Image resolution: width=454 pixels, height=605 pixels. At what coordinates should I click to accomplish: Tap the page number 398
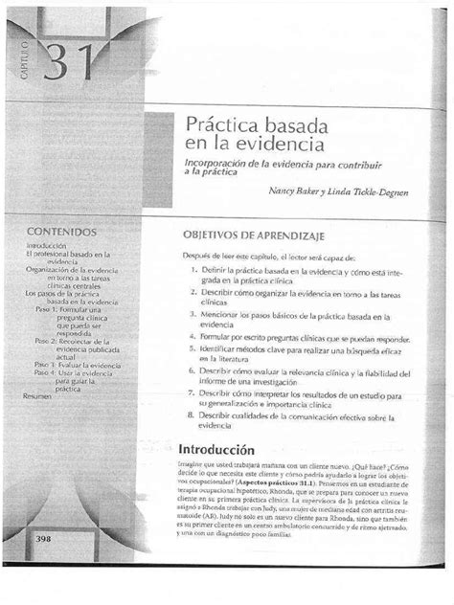[43, 567]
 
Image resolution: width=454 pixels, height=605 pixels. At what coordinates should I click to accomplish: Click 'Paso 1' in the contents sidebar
[47, 309]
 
